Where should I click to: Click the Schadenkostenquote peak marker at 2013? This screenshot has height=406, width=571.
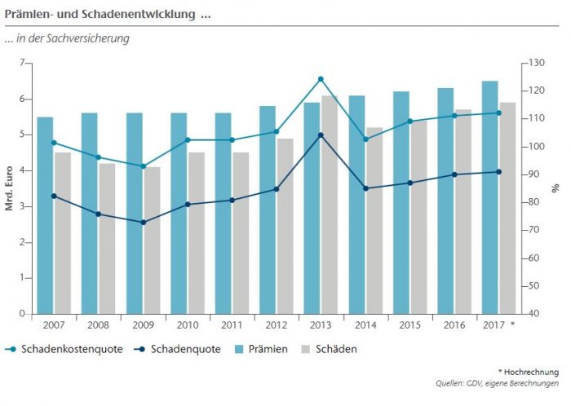coord(321,79)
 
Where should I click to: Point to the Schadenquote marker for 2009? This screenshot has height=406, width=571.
coord(144,223)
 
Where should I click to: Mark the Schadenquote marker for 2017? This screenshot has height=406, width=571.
coord(498,171)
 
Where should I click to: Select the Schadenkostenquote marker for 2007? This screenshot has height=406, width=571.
coord(54,143)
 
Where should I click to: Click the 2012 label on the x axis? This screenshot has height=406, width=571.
coord(276,324)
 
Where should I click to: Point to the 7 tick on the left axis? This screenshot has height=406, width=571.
coord(23,64)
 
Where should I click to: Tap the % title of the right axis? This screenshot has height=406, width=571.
coord(556,188)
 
